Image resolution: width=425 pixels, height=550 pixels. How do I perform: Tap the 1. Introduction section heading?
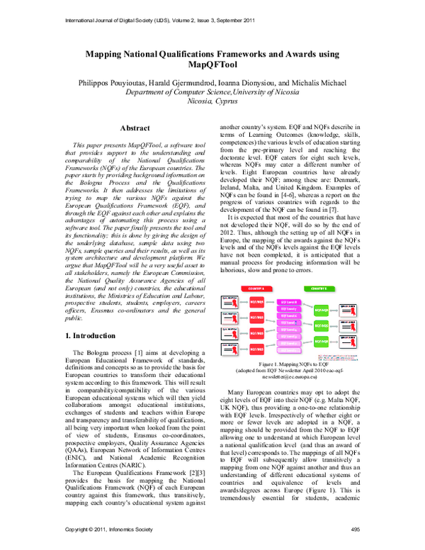(x=96, y=335)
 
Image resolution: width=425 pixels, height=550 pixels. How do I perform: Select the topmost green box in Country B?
(x=321, y=310)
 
